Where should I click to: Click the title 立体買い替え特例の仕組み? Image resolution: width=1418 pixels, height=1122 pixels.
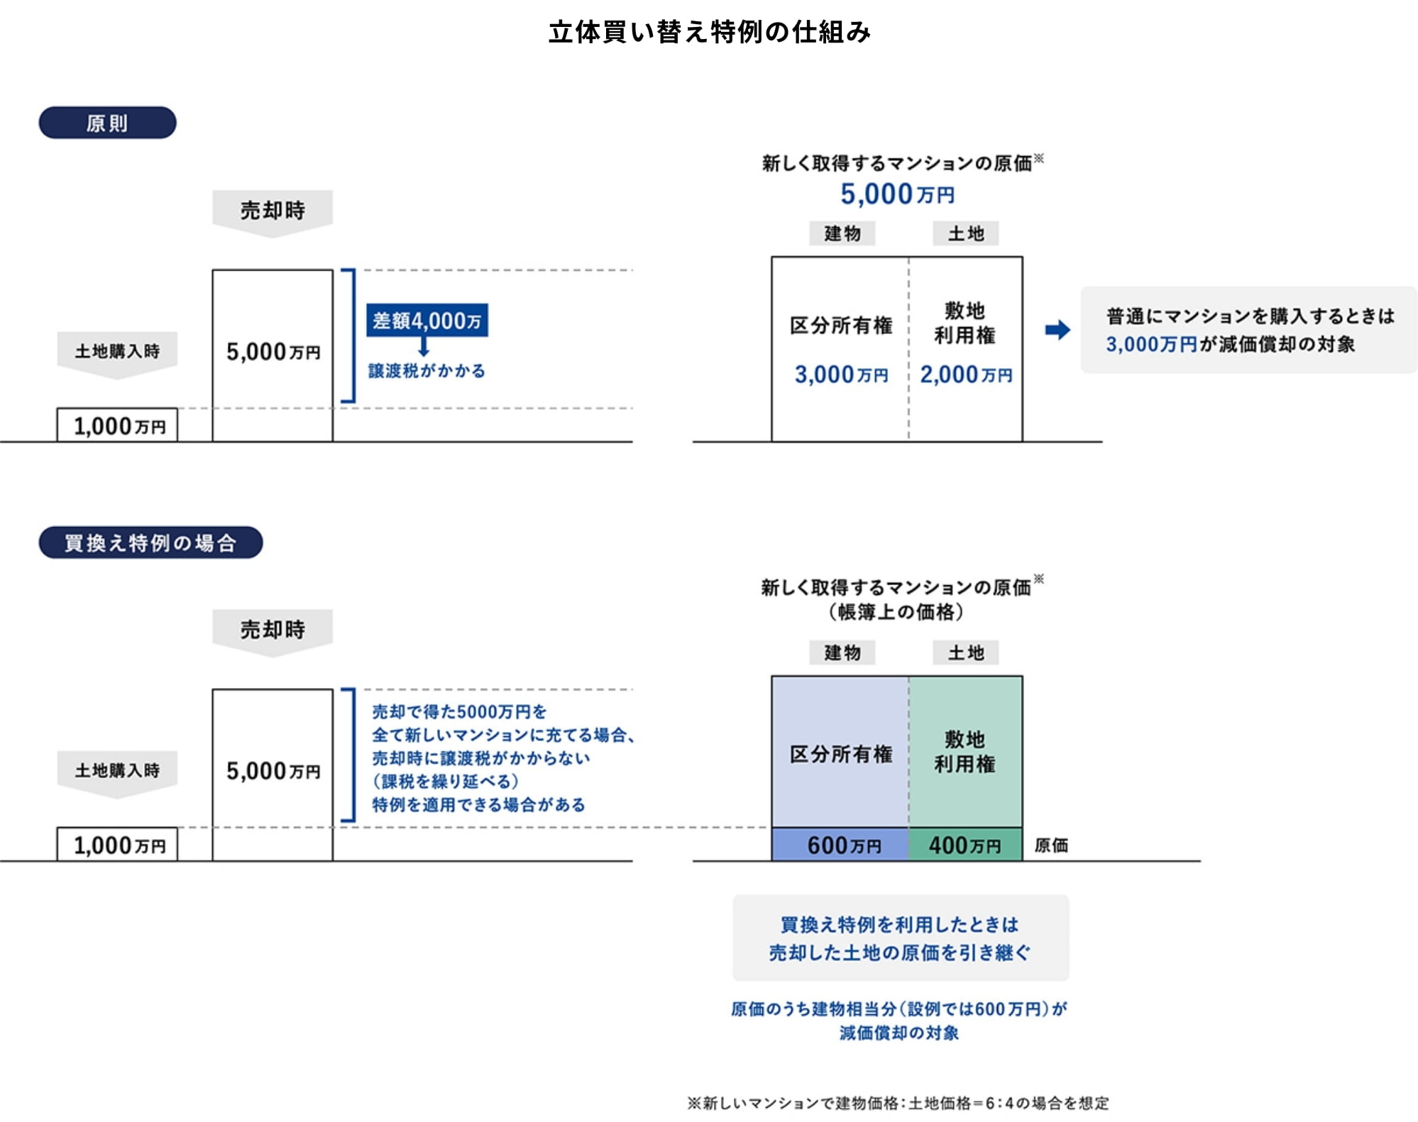709,32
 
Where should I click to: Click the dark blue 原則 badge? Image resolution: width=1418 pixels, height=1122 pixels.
107,123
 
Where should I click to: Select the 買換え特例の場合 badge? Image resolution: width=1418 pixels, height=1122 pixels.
150,543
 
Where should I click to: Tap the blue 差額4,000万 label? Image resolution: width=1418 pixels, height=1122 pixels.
427,321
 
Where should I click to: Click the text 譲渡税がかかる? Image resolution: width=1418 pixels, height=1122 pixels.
427,371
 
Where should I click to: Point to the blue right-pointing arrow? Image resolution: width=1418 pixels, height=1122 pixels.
1057,330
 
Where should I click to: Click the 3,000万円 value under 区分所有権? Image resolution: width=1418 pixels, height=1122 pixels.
841,374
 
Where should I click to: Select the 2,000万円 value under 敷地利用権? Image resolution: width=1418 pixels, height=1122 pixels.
965,374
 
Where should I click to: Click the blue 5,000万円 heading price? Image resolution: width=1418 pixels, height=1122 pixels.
897,194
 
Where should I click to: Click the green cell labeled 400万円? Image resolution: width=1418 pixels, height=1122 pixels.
965,845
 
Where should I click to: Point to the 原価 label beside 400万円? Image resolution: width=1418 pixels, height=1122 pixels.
1051,845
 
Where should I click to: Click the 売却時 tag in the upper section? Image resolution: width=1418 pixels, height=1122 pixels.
273,210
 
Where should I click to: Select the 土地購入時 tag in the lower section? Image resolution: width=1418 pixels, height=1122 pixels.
117,770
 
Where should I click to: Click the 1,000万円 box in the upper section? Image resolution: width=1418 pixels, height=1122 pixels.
118,426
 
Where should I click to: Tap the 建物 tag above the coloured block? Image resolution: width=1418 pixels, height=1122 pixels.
842,652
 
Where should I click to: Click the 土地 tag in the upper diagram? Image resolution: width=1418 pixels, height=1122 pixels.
966,233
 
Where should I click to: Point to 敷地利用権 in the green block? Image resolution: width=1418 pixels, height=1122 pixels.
964,752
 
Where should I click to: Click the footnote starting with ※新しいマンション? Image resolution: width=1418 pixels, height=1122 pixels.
897,1103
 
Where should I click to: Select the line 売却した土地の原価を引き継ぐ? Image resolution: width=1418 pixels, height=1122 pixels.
900,952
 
